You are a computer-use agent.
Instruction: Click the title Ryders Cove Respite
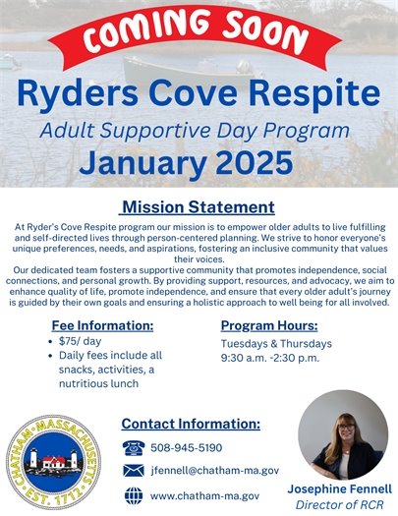[x=199, y=96]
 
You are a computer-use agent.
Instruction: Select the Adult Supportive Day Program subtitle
[x=199, y=131]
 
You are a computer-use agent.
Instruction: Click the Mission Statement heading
[x=197, y=207]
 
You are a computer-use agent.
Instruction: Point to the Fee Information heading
[x=102, y=325]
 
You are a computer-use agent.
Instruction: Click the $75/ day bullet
[x=88, y=343]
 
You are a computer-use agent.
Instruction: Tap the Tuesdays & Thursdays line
[x=277, y=344]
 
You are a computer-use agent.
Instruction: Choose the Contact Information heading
[x=190, y=425]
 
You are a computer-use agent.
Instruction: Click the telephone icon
[x=134, y=447]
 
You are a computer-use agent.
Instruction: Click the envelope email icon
[x=134, y=472]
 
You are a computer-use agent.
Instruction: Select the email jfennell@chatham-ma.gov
[x=214, y=472]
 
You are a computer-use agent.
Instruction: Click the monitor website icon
[x=134, y=496]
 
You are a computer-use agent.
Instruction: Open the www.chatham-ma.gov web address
[x=204, y=496]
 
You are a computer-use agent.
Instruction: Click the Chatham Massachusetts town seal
[x=57, y=459]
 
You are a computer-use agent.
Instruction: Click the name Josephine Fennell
[x=339, y=488]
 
